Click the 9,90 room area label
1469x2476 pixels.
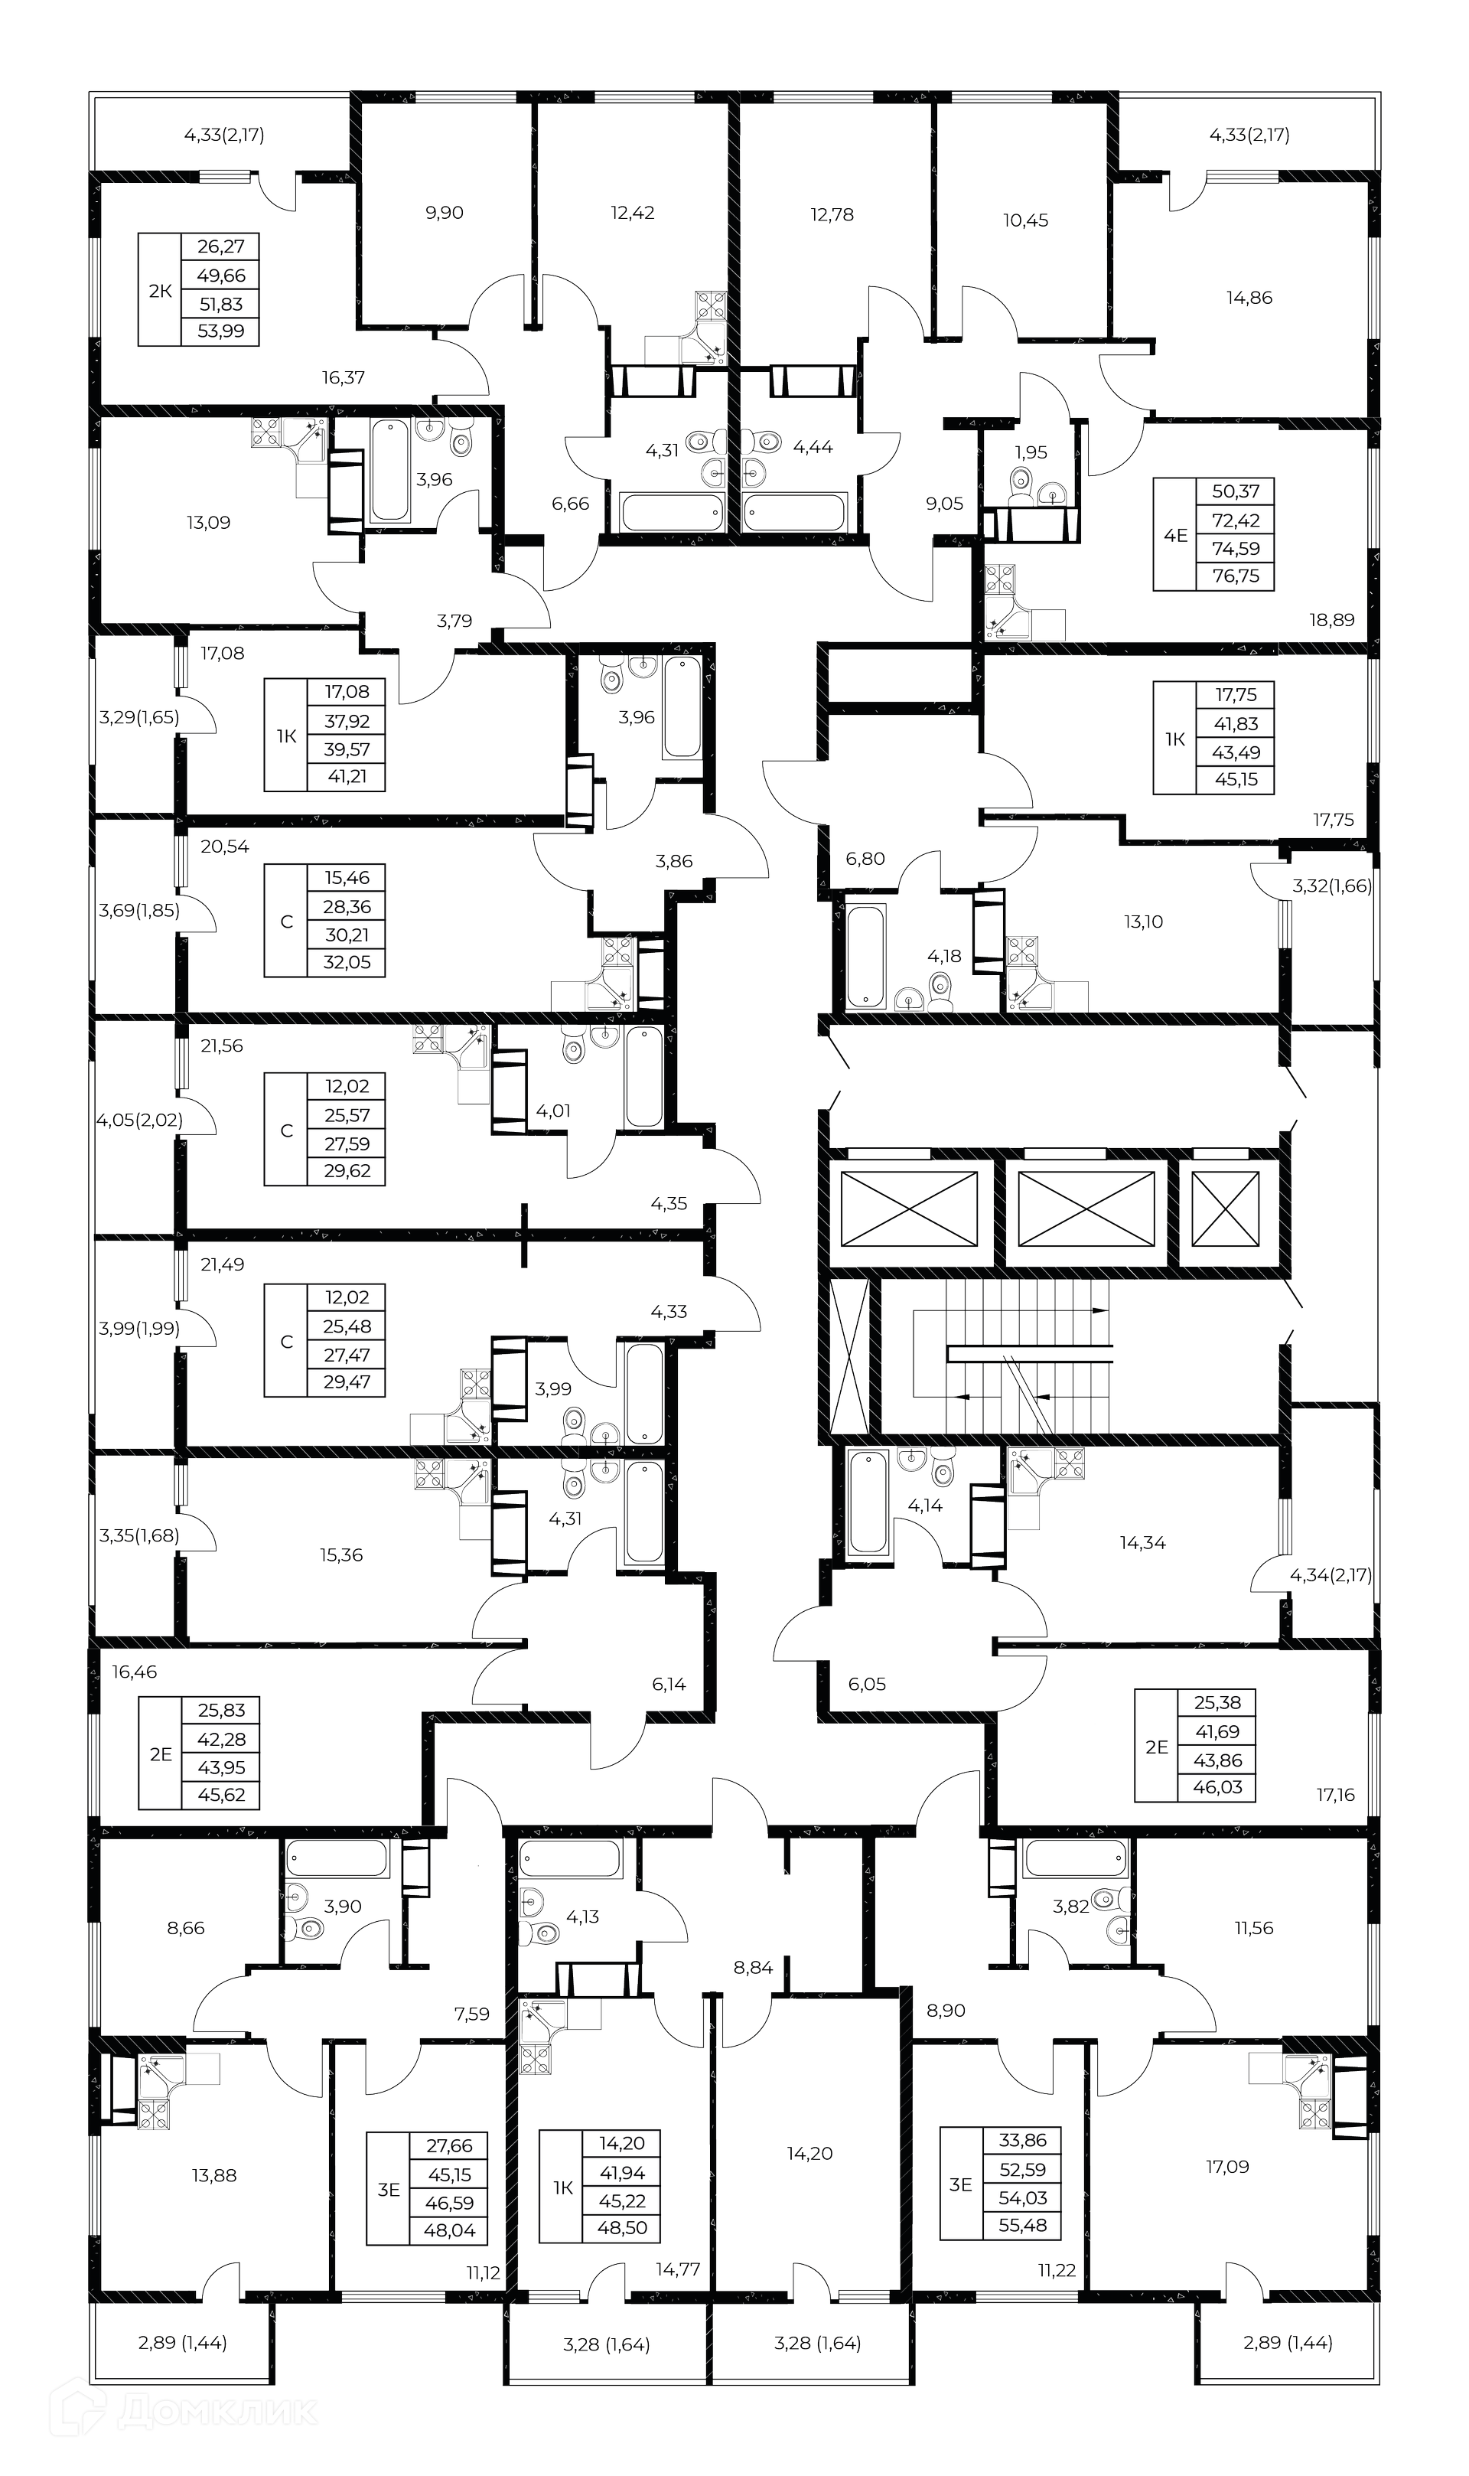tap(445, 213)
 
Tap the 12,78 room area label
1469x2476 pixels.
tap(832, 215)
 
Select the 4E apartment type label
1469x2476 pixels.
tap(1175, 536)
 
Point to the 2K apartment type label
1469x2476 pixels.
tap(159, 291)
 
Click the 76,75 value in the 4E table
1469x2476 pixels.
tap(1236, 576)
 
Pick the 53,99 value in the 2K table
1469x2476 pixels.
tap(221, 331)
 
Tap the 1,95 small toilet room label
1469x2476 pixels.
tap(1031, 452)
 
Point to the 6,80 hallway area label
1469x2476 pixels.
tap(865, 860)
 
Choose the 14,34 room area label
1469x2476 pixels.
tap(1142, 1542)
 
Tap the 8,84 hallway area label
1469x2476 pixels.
tap(754, 1968)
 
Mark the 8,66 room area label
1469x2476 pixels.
tap(186, 1927)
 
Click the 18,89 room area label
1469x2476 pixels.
tap(1331, 620)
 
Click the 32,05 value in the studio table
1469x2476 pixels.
tap(347, 961)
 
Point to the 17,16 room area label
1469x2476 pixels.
tap(1335, 1795)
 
